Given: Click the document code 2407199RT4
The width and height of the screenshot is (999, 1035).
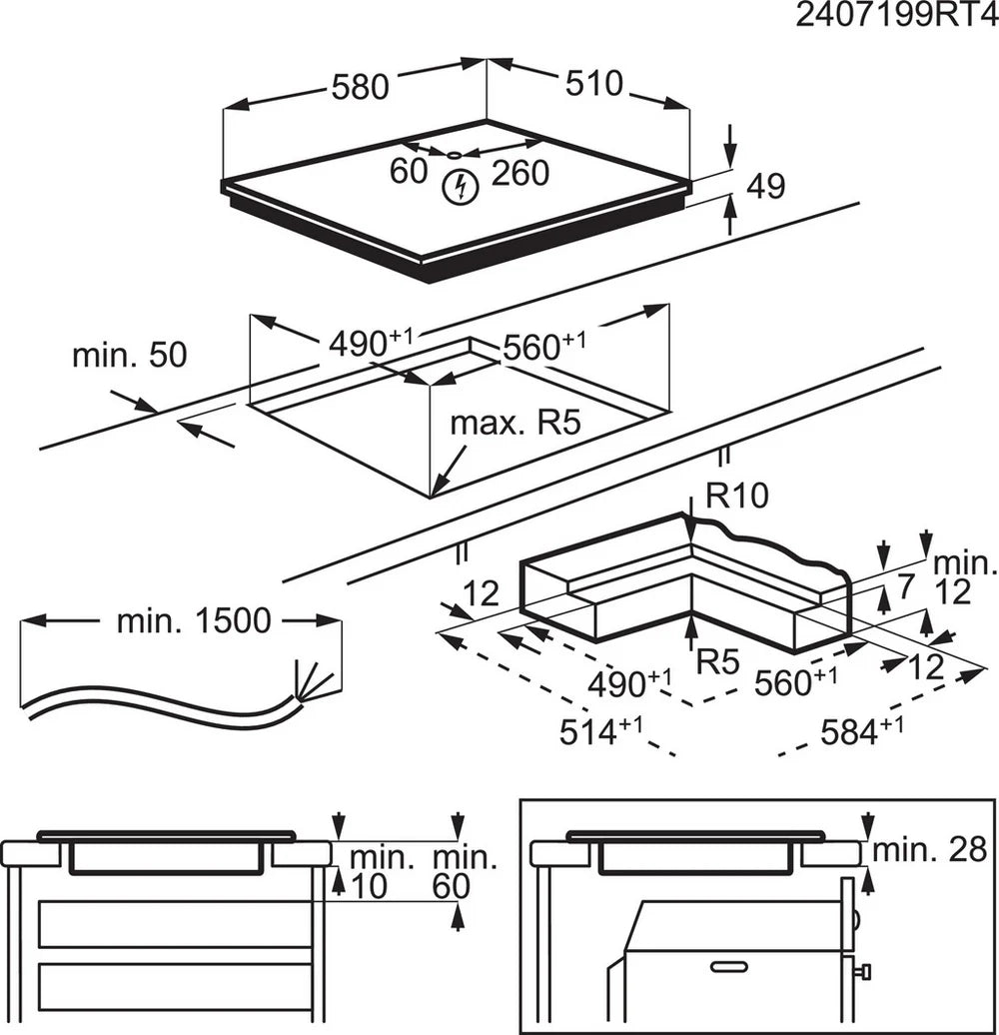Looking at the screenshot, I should click(x=897, y=17).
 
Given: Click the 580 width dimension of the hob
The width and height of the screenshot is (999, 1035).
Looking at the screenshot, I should click(x=360, y=87).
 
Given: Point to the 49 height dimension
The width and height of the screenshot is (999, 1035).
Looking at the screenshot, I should click(x=766, y=185).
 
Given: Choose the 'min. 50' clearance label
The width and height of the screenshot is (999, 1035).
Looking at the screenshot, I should click(x=129, y=356).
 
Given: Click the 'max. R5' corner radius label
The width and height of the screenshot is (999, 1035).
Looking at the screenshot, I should click(x=513, y=422).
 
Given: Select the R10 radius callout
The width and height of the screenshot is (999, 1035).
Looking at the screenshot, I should click(x=737, y=496).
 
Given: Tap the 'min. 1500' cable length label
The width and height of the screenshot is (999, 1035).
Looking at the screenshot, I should click(x=193, y=621).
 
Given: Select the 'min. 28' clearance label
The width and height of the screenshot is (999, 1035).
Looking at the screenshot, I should click(x=929, y=850).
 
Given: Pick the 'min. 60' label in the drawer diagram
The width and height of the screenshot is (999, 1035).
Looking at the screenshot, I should click(x=465, y=871).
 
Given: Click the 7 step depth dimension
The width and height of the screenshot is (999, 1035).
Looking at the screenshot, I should click(x=904, y=587).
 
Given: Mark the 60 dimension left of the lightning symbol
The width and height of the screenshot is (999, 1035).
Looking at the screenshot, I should click(x=408, y=172).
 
